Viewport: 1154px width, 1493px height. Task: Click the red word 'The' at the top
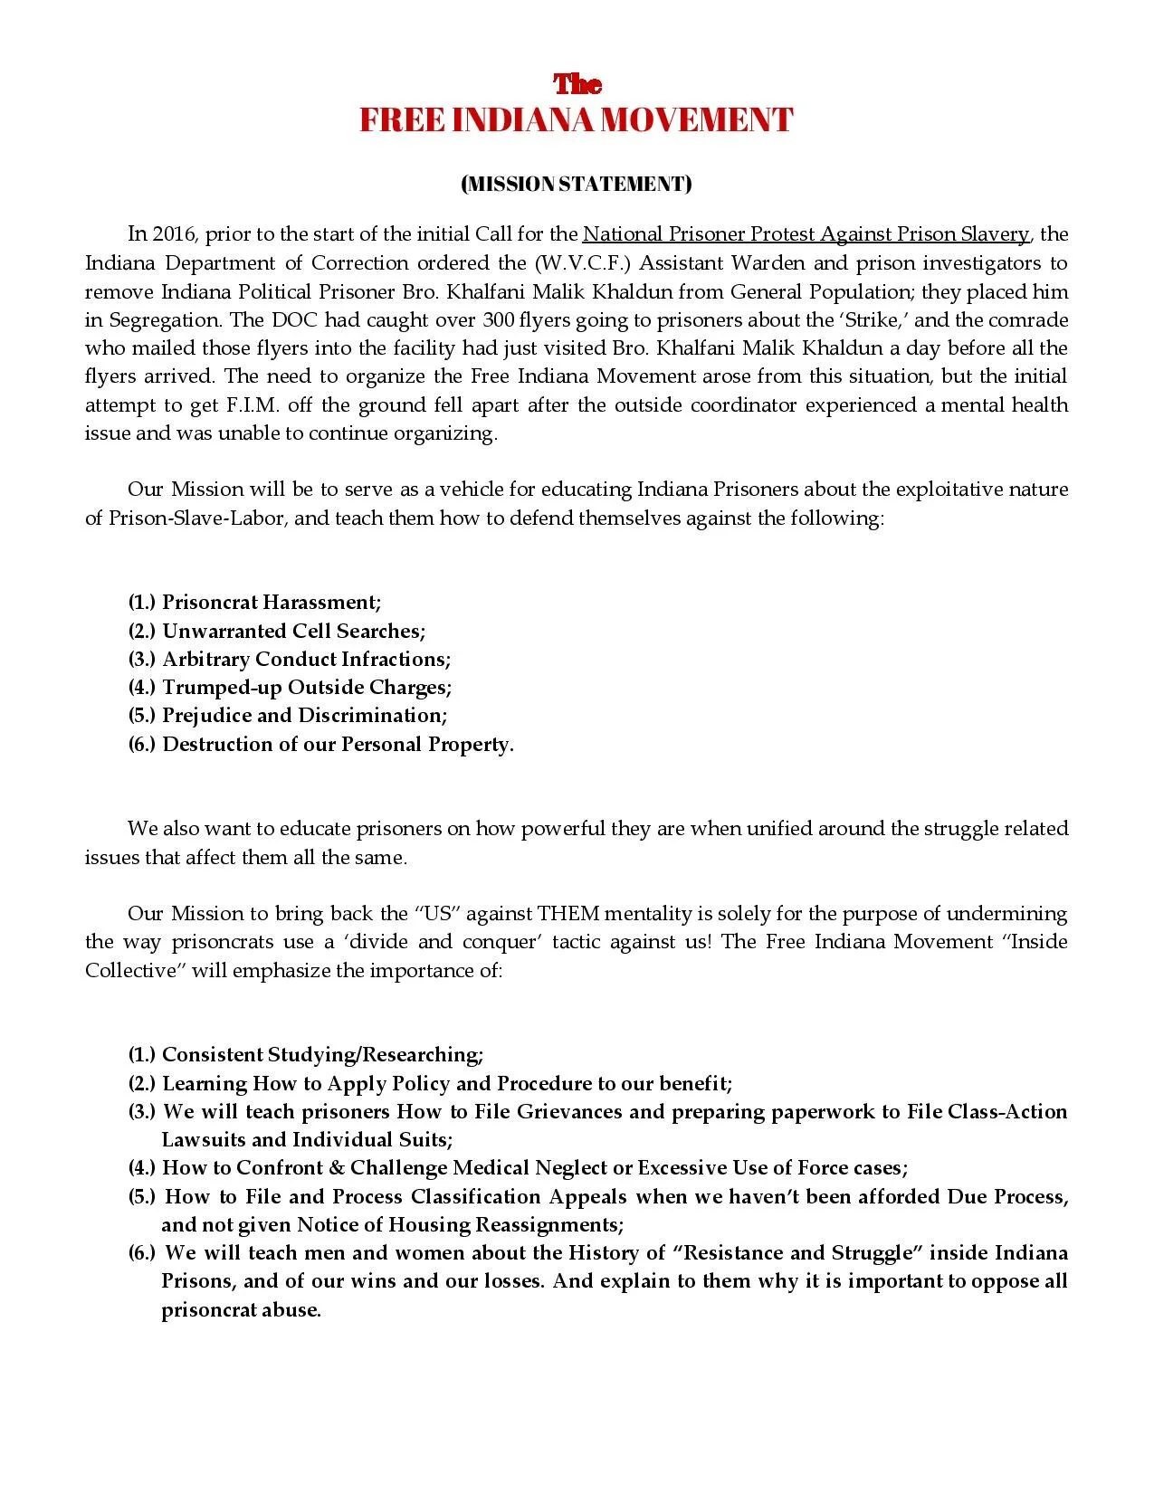tap(577, 84)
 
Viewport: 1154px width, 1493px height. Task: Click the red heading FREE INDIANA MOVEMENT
tap(577, 120)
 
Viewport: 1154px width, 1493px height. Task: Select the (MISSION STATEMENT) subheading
tap(577, 184)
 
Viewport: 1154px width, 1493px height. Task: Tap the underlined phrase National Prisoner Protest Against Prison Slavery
tap(806, 234)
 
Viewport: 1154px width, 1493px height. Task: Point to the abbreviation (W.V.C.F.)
tap(578, 263)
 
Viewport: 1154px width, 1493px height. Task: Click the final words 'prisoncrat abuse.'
tap(241, 1310)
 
